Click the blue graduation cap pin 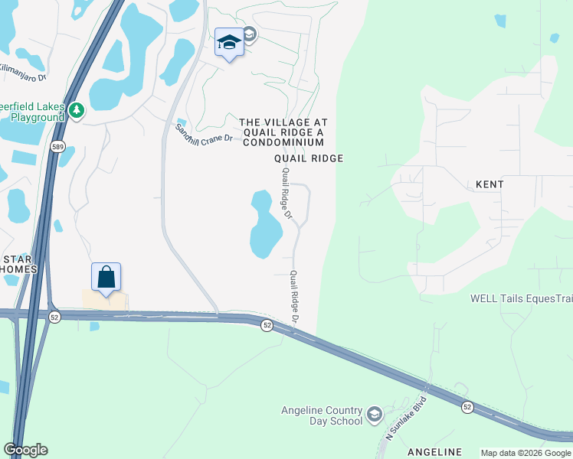click(229, 43)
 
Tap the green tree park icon click(76, 111)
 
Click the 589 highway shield click(57, 145)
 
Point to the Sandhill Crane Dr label click(203, 133)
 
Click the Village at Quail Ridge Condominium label click(283, 132)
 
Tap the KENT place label click(490, 184)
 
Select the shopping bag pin click(106, 278)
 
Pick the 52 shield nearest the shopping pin click(55, 317)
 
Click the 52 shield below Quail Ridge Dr click(267, 325)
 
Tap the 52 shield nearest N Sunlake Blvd click(467, 408)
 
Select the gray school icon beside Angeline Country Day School click(374, 415)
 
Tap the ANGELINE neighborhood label click(434, 451)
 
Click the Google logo click(25, 450)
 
